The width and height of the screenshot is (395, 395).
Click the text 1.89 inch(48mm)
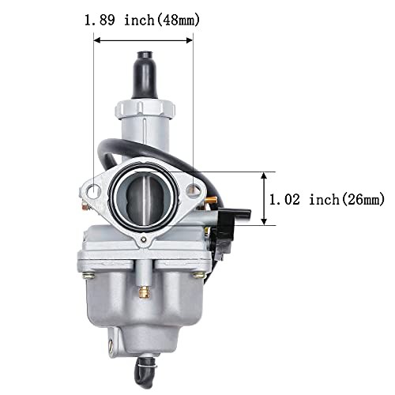[x=142, y=20]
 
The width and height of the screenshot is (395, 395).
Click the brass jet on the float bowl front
[x=145, y=293]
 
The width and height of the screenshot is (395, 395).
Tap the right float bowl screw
[x=201, y=275]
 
